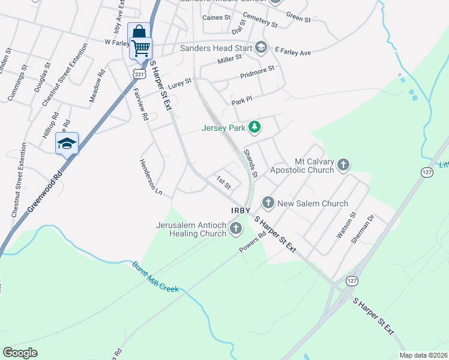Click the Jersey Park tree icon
(255, 127)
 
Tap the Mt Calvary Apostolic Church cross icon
(343, 164)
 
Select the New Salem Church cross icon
(268, 203)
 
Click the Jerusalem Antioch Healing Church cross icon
(236, 227)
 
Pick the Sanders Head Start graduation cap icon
(261, 47)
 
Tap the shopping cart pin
(141, 47)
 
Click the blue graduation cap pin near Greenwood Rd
(67, 143)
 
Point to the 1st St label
(224, 181)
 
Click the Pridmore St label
(257, 73)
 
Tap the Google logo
(20, 353)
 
